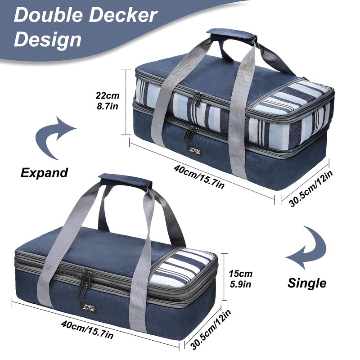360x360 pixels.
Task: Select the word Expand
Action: [x=44, y=173]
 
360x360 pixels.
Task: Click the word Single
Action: [x=307, y=283]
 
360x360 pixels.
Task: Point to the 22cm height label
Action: [x=108, y=95]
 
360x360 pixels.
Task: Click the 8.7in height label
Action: [x=108, y=107]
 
